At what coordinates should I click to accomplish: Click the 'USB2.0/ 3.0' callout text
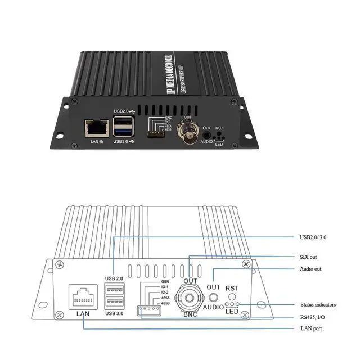[x=313, y=237]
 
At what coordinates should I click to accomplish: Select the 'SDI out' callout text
[x=309, y=257]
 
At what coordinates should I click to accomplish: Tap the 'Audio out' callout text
[x=311, y=269]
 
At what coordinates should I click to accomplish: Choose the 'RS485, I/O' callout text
[x=312, y=317]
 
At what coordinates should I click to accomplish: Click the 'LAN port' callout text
[x=310, y=328]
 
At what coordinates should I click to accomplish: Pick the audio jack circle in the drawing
[x=213, y=297]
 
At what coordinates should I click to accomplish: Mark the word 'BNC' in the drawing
[x=191, y=314]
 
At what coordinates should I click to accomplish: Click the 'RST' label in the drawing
[x=232, y=288]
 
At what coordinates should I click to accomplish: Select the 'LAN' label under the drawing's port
[x=82, y=314]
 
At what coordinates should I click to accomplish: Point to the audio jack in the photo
[x=208, y=133]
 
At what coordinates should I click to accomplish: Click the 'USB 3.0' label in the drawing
[x=114, y=313]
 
